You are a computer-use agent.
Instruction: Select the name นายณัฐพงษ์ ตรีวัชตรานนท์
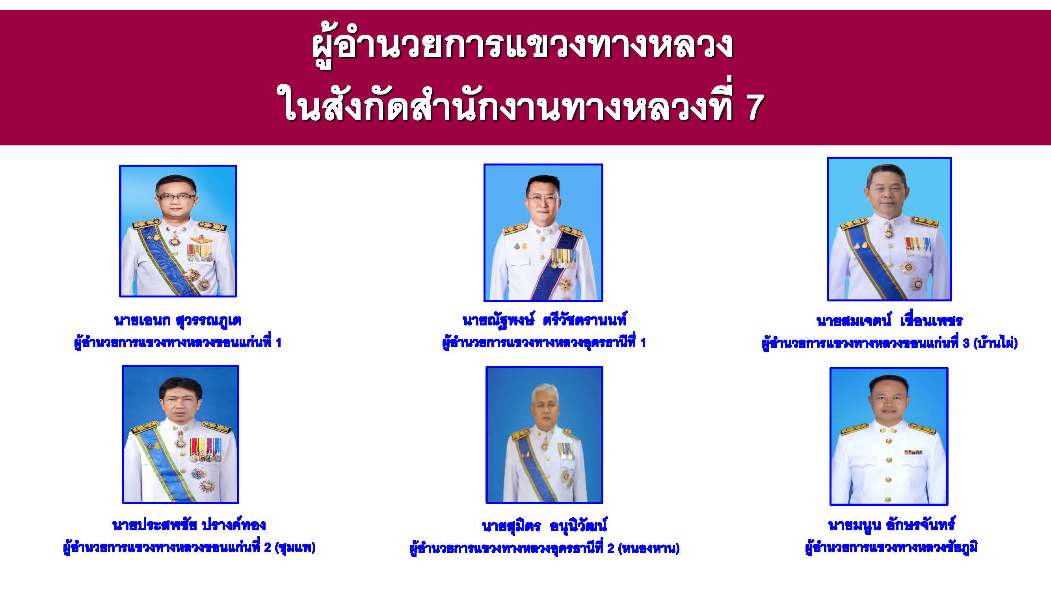click(x=544, y=320)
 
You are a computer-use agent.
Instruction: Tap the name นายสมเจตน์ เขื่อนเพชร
click(x=889, y=321)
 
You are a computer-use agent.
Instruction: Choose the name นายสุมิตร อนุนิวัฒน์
click(x=544, y=526)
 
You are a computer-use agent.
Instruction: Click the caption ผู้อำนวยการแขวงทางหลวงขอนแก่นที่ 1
click(x=178, y=343)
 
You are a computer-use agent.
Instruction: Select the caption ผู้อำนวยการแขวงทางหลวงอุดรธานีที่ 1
click(x=544, y=343)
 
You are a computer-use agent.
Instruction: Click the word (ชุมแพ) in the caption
click(x=296, y=547)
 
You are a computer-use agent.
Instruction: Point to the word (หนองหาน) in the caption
click(x=649, y=548)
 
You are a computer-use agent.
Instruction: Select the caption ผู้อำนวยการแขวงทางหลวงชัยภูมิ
click(x=891, y=547)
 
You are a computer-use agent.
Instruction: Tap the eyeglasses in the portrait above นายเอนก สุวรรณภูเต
click(x=175, y=197)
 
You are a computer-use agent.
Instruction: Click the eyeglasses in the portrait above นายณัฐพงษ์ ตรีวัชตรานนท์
click(x=543, y=200)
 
